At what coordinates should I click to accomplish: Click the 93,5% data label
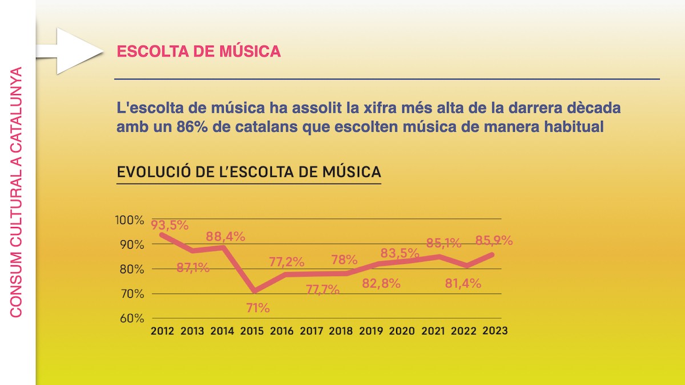tap(170, 225)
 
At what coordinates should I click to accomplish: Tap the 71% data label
tap(258, 308)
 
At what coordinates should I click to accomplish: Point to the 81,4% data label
tap(463, 282)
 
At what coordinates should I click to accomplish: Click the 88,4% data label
tap(226, 236)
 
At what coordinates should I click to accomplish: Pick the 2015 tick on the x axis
tap(252, 331)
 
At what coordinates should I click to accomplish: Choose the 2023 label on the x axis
tap(495, 331)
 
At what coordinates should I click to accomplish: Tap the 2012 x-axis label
tap(163, 331)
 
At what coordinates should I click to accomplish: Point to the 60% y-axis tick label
tap(132, 318)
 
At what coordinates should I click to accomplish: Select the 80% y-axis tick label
tap(132, 269)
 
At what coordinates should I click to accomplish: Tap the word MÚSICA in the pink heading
tap(251, 51)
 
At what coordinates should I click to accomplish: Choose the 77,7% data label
tap(323, 290)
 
